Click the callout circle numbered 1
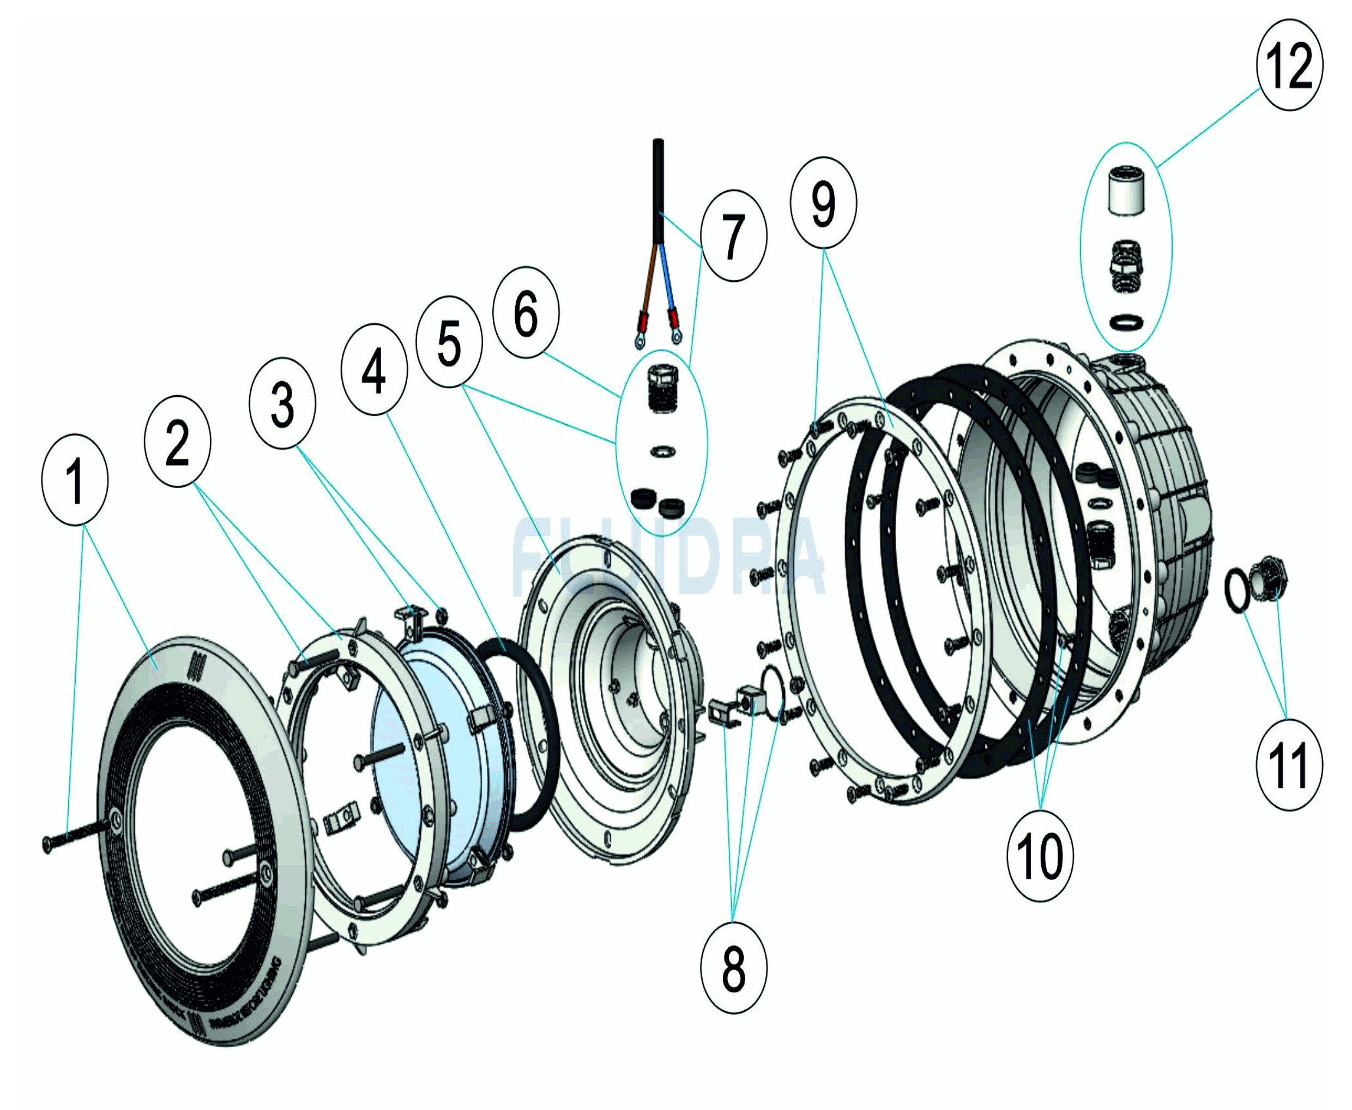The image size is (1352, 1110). (x=75, y=480)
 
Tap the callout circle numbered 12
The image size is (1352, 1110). (x=1289, y=64)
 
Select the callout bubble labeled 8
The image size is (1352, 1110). (x=733, y=967)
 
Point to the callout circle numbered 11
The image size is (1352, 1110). (x=1288, y=765)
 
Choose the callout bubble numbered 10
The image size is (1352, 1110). (x=1040, y=855)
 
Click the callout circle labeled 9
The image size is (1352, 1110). (x=823, y=203)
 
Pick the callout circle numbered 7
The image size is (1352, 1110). (x=733, y=236)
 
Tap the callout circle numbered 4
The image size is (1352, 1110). (x=374, y=369)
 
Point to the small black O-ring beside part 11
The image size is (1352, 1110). (x=1237, y=592)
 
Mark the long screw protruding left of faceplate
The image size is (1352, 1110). (x=77, y=837)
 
